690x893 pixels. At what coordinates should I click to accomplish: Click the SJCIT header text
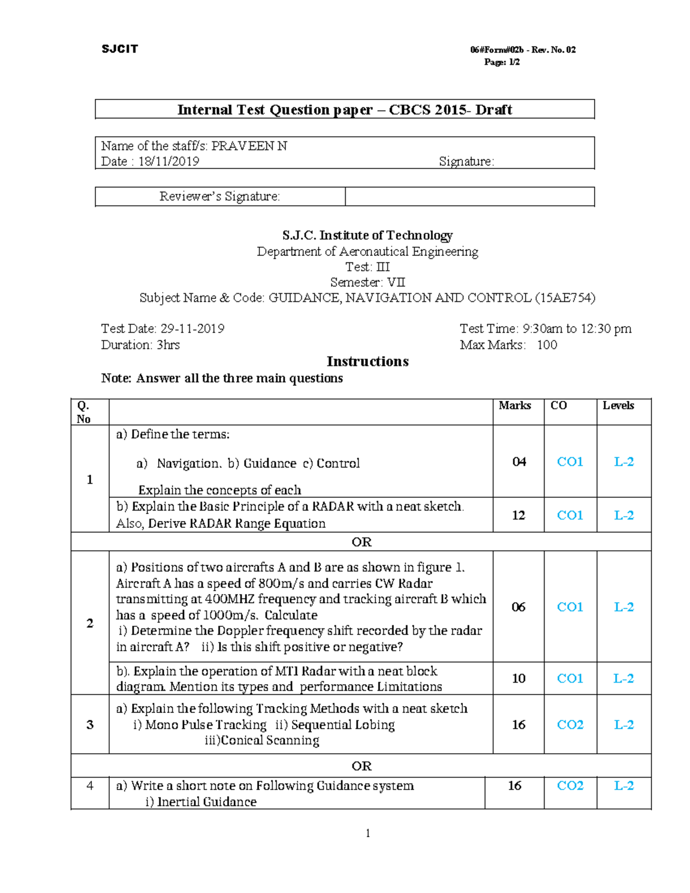click(120, 49)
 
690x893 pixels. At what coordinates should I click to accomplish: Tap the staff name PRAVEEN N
click(249, 146)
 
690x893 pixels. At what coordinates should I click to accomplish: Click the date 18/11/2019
click(168, 162)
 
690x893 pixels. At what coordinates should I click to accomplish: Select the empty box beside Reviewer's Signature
click(469, 197)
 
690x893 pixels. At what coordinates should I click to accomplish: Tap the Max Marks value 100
click(547, 345)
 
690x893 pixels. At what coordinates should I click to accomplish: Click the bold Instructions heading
click(367, 362)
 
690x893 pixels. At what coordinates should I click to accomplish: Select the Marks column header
click(515, 406)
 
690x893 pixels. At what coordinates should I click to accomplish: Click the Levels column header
click(618, 406)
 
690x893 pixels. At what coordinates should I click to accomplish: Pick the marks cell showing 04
click(519, 462)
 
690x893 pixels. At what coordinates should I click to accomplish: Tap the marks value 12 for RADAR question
click(519, 515)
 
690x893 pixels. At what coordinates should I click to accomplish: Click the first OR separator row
click(361, 542)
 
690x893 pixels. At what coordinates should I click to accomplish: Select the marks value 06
click(519, 607)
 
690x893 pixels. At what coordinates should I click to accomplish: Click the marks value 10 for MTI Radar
click(519, 679)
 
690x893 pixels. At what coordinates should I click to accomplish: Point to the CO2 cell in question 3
click(570, 725)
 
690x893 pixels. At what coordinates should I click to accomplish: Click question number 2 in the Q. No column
click(90, 623)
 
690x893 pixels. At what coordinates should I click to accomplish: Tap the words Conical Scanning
click(262, 741)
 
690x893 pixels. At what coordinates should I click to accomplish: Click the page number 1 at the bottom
click(367, 834)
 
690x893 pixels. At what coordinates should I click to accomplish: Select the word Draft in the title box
click(493, 110)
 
